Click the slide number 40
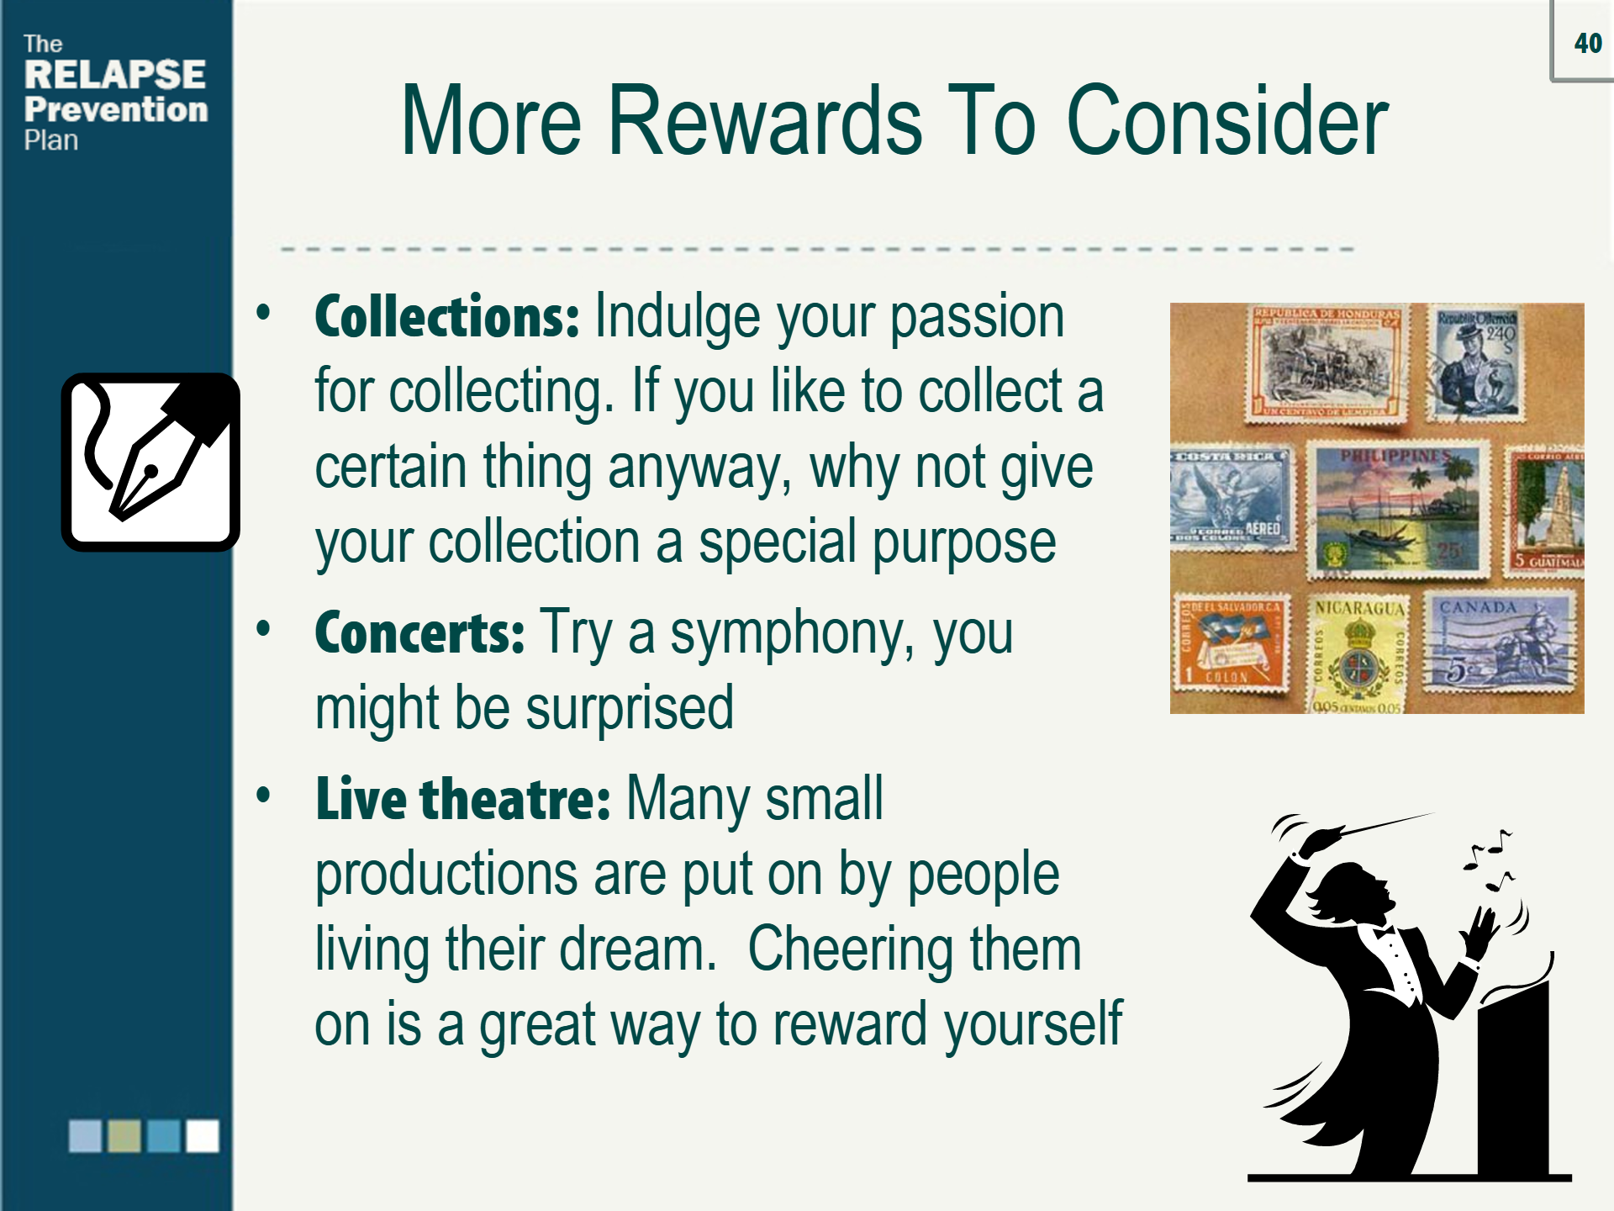pos(1588,43)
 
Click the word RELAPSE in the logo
pos(115,75)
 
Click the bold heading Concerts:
pos(419,633)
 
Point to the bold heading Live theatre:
pos(462,799)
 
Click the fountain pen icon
pos(150,463)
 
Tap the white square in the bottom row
pos(203,1135)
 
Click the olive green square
pos(124,1135)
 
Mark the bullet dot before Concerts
pos(264,629)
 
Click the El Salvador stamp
pos(1231,643)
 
